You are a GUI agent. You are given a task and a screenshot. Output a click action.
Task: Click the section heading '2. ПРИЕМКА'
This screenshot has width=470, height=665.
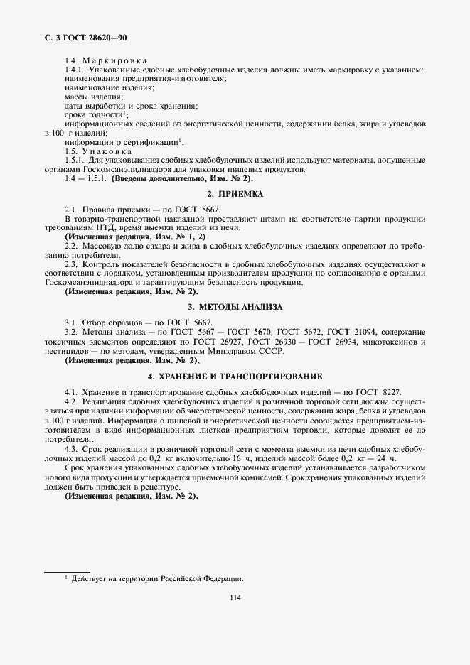pos(235,194)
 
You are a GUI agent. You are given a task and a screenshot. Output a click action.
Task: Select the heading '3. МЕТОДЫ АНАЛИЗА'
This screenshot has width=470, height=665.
pos(235,307)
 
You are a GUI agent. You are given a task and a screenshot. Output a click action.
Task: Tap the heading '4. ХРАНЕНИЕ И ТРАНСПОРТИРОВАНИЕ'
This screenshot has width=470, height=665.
pos(235,376)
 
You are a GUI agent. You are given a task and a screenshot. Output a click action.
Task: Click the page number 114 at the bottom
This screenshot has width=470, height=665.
pos(235,598)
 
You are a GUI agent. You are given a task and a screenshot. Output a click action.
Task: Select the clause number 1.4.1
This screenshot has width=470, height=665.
pos(73,71)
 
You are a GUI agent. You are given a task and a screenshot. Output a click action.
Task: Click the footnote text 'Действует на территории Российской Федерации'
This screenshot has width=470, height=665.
pos(156,579)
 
